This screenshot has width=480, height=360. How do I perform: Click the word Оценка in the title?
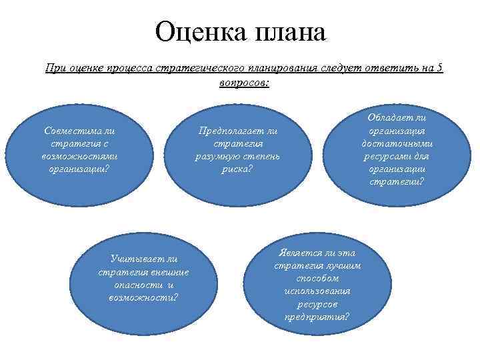click(199, 33)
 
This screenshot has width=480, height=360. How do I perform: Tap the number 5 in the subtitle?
click(441, 68)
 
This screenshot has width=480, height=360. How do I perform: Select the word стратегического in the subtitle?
click(197, 68)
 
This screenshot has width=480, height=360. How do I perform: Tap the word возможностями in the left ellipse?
click(79, 156)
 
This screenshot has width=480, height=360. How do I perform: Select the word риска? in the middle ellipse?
click(238, 169)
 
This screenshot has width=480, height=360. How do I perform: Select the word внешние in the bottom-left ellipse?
click(171, 272)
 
